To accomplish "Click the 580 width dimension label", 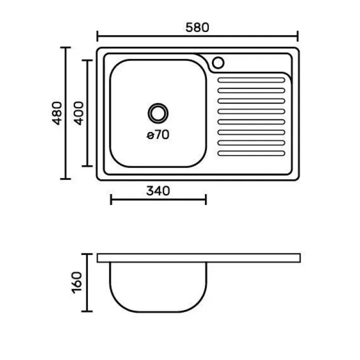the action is tap(197, 27).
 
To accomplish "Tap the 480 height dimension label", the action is tap(57, 113).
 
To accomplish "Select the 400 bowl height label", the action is tap(79, 113).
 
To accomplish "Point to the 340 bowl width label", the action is tap(158, 191).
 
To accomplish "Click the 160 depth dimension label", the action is tap(77, 282).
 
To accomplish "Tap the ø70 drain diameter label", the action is tap(158, 134).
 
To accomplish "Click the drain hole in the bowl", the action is tap(158, 113).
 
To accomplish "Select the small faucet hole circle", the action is tap(218, 62).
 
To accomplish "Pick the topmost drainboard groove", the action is tap(251, 80).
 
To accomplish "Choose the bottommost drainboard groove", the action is tap(251, 153).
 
